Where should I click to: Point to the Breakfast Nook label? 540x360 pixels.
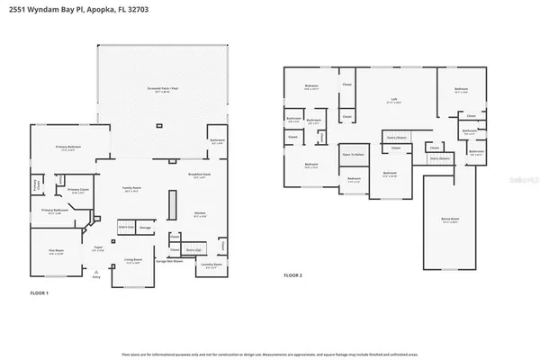[x=199, y=175]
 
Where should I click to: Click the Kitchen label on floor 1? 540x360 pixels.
[x=200, y=214]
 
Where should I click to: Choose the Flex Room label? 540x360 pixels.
[x=57, y=253]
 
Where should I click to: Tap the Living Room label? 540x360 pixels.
[x=132, y=261]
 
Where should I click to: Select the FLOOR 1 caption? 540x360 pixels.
[x=38, y=294]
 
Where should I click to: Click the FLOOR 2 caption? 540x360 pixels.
[x=292, y=274]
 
